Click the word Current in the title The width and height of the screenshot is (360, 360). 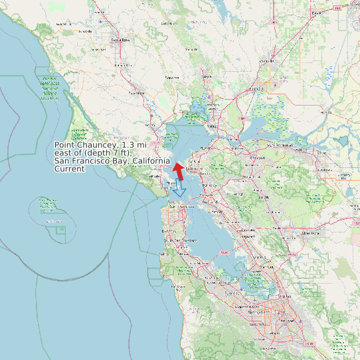pos(70,169)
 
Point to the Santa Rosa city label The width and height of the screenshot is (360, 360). pos(120,41)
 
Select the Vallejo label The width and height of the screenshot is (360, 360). pos(213,126)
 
